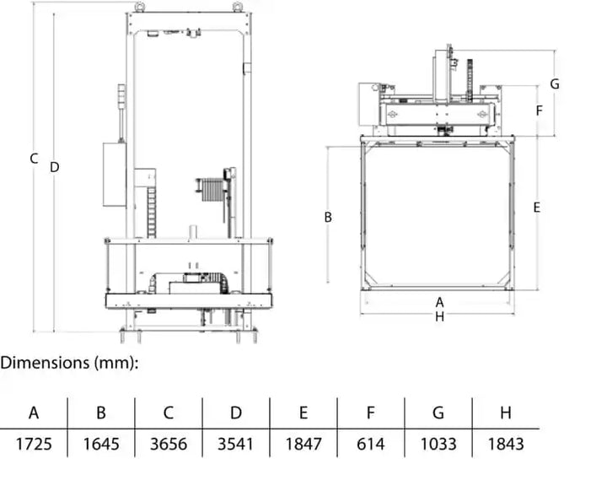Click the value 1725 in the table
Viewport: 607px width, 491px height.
pos(34,444)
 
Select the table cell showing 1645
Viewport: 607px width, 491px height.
pos(101,444)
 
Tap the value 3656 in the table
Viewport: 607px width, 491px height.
pos(169,444)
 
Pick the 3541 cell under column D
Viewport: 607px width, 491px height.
pos(236,444)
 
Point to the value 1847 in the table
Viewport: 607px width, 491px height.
pos(303,444)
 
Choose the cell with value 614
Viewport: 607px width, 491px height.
pos(371,444)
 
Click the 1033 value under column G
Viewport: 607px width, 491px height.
pos(438,444)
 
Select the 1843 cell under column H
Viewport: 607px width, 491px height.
pos(506,444)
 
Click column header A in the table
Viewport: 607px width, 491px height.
pos(34,413)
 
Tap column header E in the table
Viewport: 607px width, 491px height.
pos(303,413)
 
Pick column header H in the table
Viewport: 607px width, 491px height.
pos(506,413)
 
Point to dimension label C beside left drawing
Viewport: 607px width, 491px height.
pos(34,159)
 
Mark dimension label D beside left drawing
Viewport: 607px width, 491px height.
pos(54,167)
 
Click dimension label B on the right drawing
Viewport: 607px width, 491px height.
pos(328,217)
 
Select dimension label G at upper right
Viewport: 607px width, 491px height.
pos(554,84)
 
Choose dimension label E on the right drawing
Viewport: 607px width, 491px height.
pos(537,208)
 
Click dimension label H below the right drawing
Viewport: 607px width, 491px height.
pos(439,316)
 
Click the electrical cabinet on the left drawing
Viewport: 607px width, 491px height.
pos(115,174)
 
